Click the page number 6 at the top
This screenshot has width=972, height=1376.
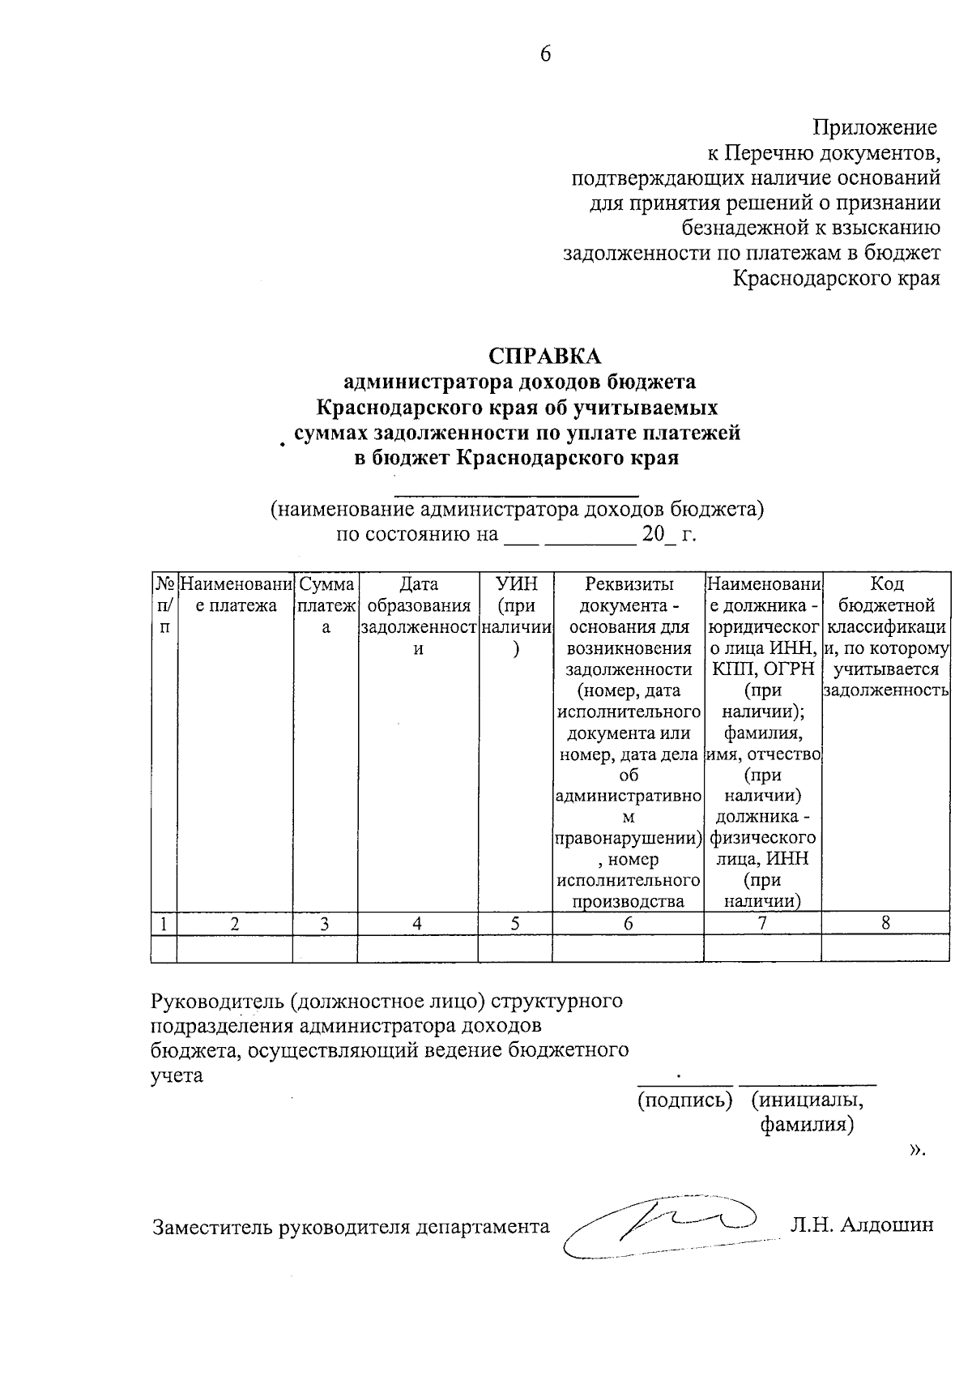(545, 54)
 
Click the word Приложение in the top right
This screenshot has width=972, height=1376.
(875, 127)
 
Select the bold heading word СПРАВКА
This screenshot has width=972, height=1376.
(545, 357)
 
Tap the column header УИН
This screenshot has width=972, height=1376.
(515, 584)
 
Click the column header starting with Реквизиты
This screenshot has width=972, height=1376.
(629, 584)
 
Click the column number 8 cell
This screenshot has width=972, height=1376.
(885, 922)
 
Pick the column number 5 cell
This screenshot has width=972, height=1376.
(514, 923)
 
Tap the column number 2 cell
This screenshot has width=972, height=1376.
(234, 923)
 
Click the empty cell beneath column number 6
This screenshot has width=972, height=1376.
(628, 948)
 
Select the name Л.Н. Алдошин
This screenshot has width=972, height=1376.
(861, 1224)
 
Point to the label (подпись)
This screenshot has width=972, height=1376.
(684, 1100)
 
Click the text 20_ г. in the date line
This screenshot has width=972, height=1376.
(668, 535)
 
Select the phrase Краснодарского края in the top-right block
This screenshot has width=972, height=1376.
(836, 279)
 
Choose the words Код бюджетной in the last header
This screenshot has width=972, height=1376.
(886, 595)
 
